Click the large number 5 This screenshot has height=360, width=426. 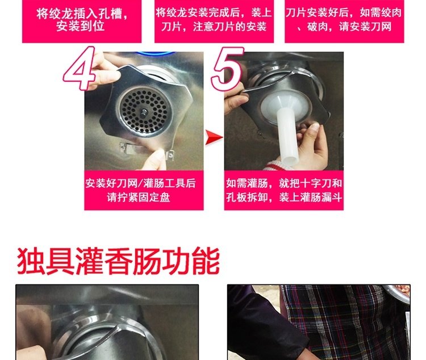228,68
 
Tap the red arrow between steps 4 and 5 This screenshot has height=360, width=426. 214,137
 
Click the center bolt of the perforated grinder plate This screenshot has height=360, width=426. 144,112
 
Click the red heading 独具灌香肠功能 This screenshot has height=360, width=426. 118,261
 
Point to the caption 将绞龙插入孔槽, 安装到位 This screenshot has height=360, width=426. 82,19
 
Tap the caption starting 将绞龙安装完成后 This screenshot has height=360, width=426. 214,19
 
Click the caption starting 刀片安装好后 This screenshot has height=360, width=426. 344,19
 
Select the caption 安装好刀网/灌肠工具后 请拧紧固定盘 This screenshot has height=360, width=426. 140,190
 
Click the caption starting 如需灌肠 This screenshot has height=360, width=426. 284,190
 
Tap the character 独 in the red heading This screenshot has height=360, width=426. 31,261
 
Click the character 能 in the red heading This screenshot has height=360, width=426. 206,261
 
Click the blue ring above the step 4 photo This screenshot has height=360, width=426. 156,53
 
